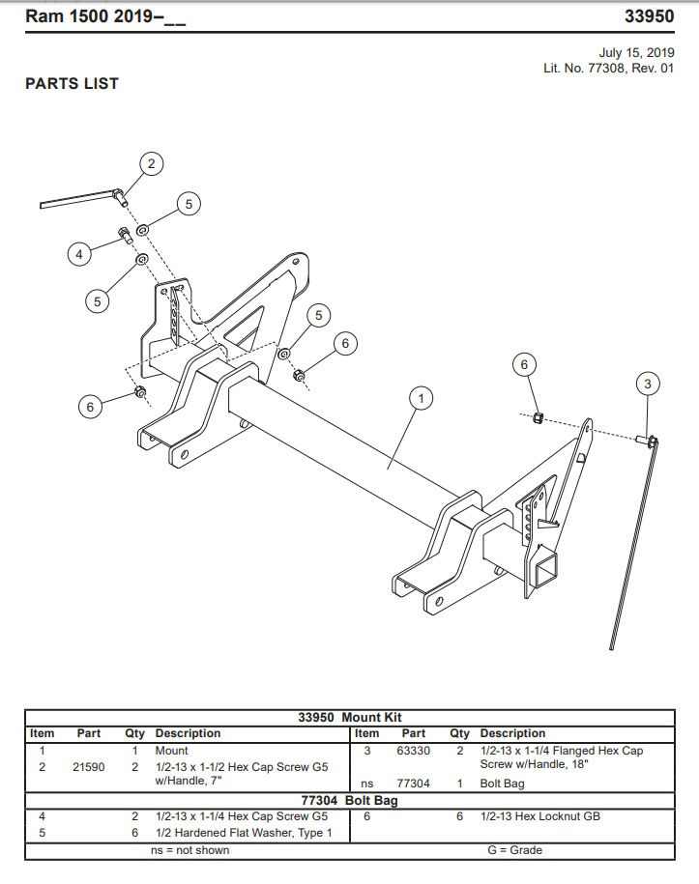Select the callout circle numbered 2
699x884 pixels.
point(152,163)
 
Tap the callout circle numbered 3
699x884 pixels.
point(648,385)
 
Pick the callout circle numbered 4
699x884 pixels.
point(81,254)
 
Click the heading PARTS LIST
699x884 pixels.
point(72,84)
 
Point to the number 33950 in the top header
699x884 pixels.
point(650,16)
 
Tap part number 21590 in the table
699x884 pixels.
point(90,767)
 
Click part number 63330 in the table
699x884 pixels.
point(414,751)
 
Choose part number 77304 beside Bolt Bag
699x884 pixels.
point(414,784)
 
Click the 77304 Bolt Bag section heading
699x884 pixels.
point(349,800)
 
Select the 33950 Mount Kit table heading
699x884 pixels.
point(349,718)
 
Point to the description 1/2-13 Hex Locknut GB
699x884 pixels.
point(540,816)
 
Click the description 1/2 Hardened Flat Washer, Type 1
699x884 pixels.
point(244,833)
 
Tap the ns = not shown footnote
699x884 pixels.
point(190,850)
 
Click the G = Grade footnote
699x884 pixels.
point(515,850)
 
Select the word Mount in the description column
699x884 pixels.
point(172,751)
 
